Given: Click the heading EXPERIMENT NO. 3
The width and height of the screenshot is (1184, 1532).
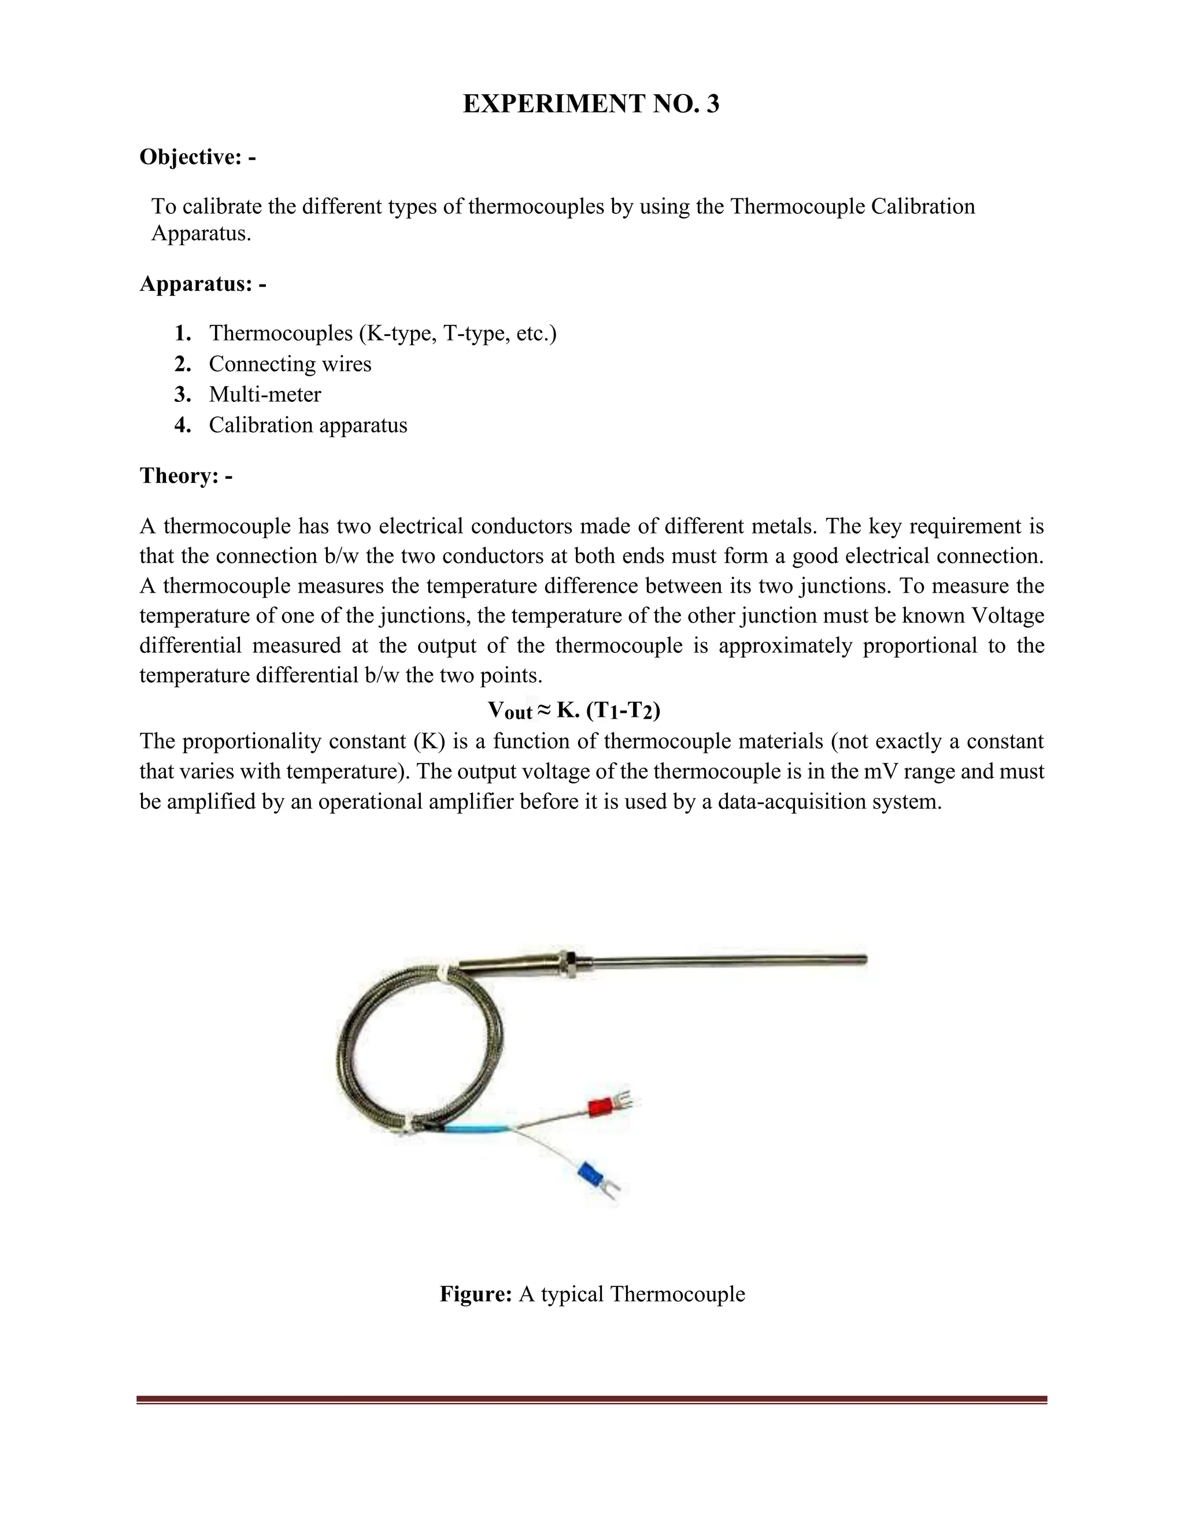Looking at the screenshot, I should pyautogui.click(x=591, y=104).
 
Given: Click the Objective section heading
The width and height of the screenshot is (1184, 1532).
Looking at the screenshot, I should pyautogui.click(x=197, y=157).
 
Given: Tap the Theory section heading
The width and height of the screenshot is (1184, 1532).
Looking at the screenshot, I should pyautogui.click(x=186, y=476).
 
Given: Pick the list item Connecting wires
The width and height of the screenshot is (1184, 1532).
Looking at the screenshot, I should pyautogui.click(x=290, y=364).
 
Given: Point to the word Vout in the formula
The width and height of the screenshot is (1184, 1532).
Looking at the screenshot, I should pyautogui.click(x=510, y=711).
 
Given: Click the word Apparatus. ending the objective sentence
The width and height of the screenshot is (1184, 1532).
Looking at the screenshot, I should pyautogui.click(x=201, y=234).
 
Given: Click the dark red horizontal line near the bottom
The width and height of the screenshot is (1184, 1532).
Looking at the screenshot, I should pyautogui.click(x=591, y=1400).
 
